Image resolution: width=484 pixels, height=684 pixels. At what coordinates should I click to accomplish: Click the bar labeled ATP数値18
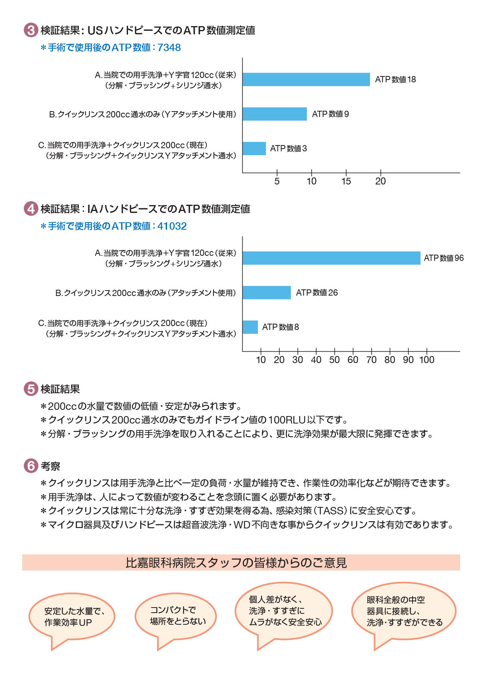306,79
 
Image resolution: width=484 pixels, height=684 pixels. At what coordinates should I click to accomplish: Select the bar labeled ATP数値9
274,114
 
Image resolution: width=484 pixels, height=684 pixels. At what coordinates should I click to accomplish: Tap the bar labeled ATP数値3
254,149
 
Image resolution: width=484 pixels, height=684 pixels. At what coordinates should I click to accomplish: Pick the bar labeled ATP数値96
331,258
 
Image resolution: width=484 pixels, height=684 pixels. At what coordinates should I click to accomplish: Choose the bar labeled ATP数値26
267,292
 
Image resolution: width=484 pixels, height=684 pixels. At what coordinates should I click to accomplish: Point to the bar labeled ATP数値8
250,327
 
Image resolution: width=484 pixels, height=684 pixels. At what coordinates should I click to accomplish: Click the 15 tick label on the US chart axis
346,181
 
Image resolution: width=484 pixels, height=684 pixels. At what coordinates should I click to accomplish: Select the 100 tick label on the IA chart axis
427,360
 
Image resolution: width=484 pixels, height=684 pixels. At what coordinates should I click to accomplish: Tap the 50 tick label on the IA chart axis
335,360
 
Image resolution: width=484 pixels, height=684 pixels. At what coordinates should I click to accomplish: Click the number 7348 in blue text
169,48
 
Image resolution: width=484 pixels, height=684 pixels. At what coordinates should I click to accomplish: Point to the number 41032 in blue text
172,226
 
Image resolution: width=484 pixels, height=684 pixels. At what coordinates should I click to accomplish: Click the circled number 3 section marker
31,30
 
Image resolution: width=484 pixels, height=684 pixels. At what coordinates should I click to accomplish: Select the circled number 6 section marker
31,466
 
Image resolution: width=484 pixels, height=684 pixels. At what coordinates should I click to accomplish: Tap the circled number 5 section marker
31,389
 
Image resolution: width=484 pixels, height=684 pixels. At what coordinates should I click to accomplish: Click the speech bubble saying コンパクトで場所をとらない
176,616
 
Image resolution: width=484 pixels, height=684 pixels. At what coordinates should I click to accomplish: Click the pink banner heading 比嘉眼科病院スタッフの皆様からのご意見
241,563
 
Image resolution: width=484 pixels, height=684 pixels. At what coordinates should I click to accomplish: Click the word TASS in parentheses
331,511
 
